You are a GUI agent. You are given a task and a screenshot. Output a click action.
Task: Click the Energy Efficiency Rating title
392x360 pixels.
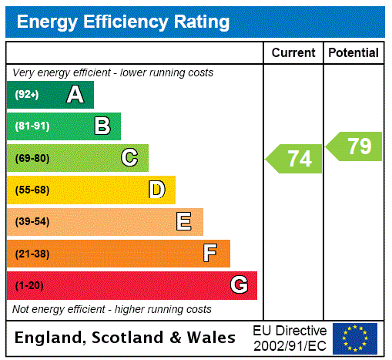[x=123, y=22]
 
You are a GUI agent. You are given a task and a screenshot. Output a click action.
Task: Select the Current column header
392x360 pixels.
[x=293, y=53]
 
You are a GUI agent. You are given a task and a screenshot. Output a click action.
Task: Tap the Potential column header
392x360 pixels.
[x=353, y=53]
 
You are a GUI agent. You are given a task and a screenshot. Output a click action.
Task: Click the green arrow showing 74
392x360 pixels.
[x=295, y=159]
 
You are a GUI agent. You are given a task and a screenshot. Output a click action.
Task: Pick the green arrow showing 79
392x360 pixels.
[x=355, y=146]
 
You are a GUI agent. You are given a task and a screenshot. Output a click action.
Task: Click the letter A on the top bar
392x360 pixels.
[x=75, y=95]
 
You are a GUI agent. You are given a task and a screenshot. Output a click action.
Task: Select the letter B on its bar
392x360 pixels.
[x=102, y=126]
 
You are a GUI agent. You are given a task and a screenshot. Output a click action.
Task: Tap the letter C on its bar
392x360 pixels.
[x=129, y=158]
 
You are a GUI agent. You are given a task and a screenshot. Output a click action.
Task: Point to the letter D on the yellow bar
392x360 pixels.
[x=156, y=190]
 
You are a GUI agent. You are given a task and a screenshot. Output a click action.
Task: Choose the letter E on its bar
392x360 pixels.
[x=183, y=222]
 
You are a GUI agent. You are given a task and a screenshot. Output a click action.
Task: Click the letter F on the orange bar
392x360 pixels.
[x=210, y=254]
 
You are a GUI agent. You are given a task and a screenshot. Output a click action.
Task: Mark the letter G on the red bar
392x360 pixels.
[x=239, y=285]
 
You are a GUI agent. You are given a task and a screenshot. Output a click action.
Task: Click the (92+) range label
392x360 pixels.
[x=27, y=96]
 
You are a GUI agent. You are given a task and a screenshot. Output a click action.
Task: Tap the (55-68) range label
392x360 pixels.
[x=32, y=190]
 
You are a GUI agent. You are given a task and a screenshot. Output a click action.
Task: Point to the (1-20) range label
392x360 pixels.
[x=29, y=286]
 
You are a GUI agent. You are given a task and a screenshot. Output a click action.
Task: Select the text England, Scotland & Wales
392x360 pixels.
[x=126, y=338]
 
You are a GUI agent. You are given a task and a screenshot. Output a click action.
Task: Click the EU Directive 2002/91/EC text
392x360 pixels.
[x=290, y=338]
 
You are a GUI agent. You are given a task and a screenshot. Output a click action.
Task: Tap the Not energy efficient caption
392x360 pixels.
[x=112, y=309]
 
